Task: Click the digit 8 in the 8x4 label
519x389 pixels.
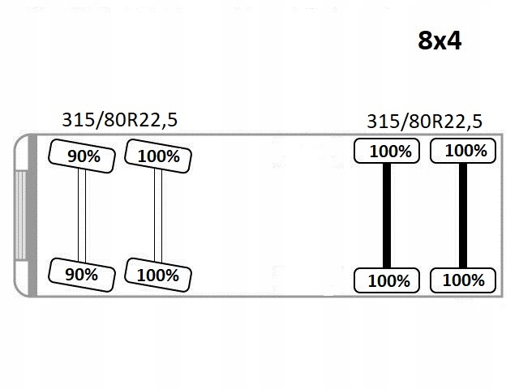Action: (x=425, y=41)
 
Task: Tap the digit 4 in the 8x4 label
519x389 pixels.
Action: (x=454, y=41)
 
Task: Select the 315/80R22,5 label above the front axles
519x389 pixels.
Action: (x=120, y=120)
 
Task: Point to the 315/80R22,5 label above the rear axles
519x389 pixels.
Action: (x=425, y=122)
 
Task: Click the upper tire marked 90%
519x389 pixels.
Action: (x=82, y=156)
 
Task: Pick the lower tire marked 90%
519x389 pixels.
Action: (x=82, y=275)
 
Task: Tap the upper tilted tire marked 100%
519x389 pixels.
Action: (x=158, y=156)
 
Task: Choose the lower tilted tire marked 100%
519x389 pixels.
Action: (x=158, y=275)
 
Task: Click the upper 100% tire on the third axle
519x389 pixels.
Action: (x=387, y=151)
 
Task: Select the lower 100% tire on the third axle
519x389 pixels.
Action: (x=387, y=280)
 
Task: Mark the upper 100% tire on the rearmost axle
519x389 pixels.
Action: (x=463, y=151)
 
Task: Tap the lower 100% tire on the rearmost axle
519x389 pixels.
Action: (x=463, y=280)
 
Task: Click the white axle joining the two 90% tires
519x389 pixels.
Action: (x=82, y=216)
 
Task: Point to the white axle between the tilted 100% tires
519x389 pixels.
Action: (x=158, y=216)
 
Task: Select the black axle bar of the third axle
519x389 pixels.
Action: (x=387, y=216)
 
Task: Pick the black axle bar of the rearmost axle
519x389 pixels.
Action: (x=463, y=216)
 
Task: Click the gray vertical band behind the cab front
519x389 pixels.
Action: (x=32, y=216)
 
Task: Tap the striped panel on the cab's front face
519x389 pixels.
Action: (x=20, y=216)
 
